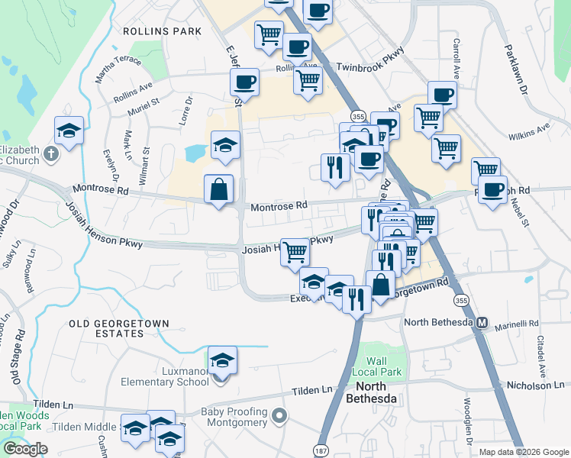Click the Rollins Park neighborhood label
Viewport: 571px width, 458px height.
click(x=163, y=31)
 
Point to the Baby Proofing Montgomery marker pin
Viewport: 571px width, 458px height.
click(x=280, y=417)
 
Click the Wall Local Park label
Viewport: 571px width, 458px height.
click(x=383, y=366)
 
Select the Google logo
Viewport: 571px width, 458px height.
click(x=25, y=449)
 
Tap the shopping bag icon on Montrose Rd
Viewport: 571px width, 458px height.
click(x=219, y=190)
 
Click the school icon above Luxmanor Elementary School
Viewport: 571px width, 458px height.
click(x=222, y=360)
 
